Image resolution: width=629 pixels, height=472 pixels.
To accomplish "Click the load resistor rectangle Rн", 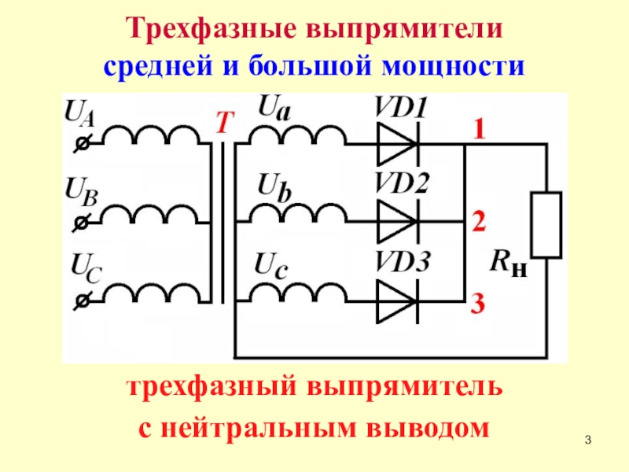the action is pos(547,224).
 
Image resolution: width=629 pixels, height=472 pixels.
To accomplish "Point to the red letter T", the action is pos(225,122).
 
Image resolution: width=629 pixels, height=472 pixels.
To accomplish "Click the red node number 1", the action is pos(478,130).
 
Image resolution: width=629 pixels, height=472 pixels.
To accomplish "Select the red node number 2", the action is pos(478,223).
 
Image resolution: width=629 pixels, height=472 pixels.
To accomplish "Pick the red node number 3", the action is pos(478,306).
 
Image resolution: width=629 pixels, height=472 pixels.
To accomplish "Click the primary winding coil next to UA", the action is pos(149,138).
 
